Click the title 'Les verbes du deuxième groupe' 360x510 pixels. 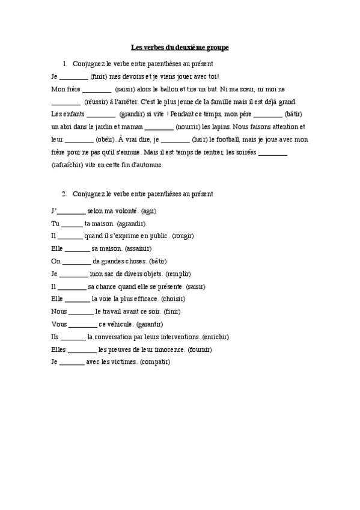pos(180,47)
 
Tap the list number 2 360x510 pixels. pos(64,194)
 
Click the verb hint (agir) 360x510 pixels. pos(148,211)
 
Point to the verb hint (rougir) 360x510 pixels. pos(183,236)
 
